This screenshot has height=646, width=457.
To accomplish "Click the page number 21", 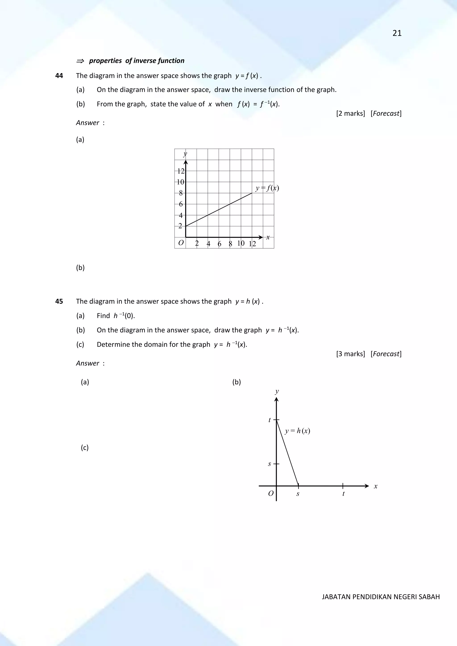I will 397,33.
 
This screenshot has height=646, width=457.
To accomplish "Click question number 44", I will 59,76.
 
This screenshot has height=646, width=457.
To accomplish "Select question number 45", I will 59,301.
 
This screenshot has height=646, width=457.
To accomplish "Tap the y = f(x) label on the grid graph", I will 267,188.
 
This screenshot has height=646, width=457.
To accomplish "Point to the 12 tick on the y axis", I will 181,171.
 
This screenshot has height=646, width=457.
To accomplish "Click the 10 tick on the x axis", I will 241,243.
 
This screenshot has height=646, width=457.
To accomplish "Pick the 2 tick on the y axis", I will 180,226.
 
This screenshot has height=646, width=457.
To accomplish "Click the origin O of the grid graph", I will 181,243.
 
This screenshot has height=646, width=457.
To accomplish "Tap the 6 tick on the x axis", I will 219,244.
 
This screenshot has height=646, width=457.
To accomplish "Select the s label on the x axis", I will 298,494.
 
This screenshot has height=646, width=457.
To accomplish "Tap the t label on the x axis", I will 343,494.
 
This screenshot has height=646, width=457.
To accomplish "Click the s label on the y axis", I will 270,464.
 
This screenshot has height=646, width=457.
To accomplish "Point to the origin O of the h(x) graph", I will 271,494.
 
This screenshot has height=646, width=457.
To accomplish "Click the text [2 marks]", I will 351,113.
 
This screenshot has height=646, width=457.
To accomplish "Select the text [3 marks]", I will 351,354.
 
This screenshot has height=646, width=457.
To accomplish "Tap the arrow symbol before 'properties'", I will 80,61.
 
